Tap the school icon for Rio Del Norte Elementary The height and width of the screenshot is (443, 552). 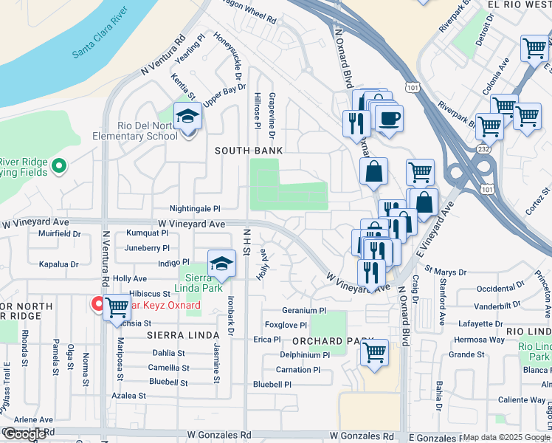tap(187, 117)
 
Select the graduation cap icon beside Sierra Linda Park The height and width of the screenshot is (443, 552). tap(221, 263)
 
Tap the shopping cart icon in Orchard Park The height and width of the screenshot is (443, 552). tap(375, 352)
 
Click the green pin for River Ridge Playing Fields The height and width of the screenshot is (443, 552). tap(61, 167)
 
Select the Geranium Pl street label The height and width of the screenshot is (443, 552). tap(303, 311)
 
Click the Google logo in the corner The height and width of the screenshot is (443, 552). tap(24, 434)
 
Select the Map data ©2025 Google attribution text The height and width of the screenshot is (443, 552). tap(506, 437)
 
